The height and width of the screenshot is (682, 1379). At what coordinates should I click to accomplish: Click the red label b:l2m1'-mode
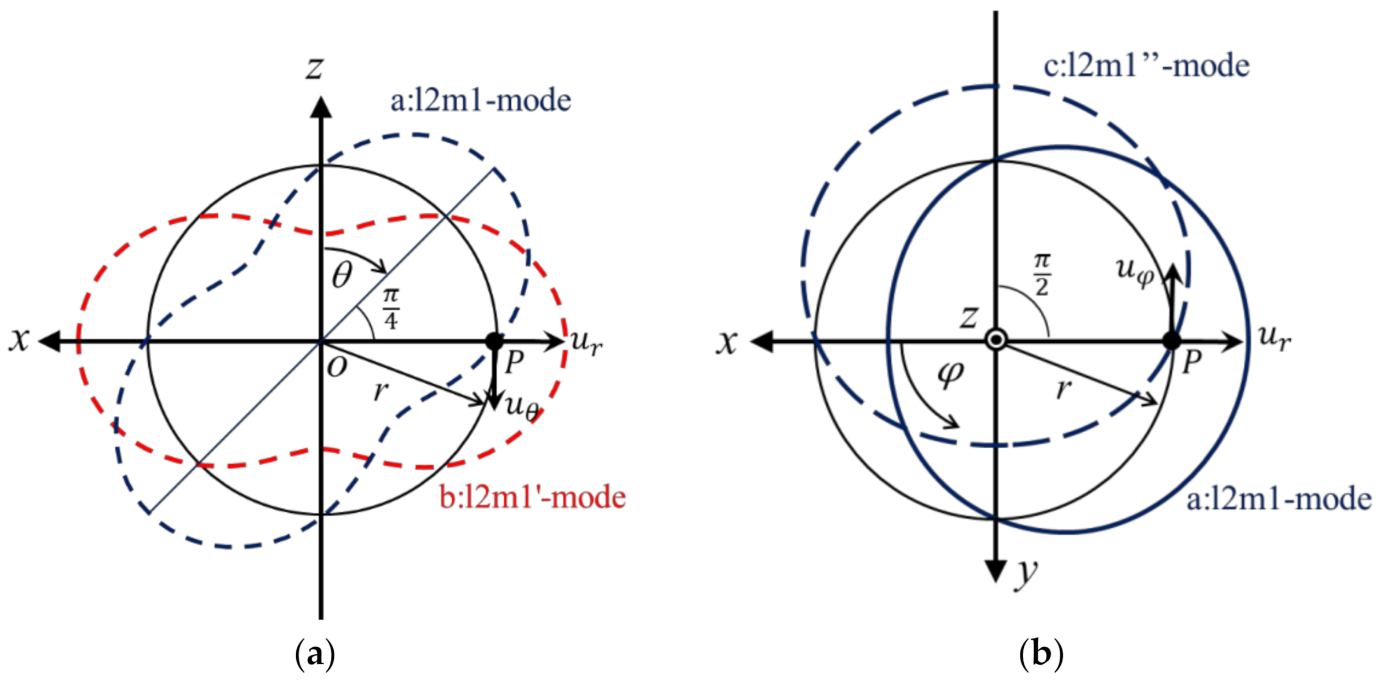[x=532, y=497]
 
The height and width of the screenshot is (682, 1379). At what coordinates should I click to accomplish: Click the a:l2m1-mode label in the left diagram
[x=480, y=101]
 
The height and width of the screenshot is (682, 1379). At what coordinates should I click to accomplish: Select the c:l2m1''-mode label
[x=1146, y=66]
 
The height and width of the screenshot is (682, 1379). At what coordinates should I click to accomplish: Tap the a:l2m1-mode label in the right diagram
[x=1279, y=500]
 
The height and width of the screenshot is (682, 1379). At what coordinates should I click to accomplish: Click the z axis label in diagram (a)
[x=315, y=68]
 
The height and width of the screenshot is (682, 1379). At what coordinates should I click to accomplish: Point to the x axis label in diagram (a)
[x=19, y=340]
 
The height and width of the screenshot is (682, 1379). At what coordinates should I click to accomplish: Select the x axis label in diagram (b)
[x=727, y=342]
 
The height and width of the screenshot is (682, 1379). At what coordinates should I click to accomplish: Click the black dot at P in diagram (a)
[x=494, y=341]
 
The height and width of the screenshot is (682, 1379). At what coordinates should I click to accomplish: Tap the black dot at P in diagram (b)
[x=1172, y=341]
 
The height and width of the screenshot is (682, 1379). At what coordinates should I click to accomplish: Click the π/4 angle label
[x=391, y=309]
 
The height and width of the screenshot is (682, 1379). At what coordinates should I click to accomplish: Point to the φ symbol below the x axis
[x=951, y=375]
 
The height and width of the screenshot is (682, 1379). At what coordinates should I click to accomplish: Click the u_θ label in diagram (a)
[x=522, y=408]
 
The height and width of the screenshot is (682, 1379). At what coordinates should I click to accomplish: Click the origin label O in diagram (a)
[x=337, y=367]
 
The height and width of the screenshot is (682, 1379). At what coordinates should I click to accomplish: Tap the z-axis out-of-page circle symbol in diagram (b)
[x=996, y=340]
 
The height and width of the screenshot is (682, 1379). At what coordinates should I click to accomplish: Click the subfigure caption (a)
[x=315, y=654]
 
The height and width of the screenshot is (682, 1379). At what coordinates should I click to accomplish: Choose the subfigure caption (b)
[x=1041, y=654]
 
